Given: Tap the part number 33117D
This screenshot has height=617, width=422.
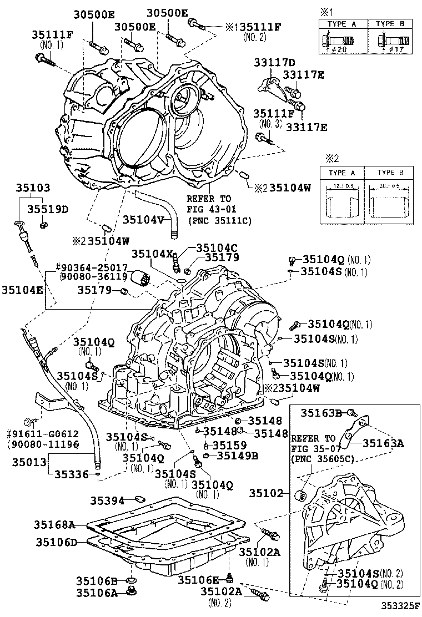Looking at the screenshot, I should [275, 62].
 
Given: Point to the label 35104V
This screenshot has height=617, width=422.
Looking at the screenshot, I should [144, 219].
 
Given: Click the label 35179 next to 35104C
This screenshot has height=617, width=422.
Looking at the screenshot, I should [222, 257].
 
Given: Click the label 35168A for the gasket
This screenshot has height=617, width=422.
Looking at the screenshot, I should [54, 524].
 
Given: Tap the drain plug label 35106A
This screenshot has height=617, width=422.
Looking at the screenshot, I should [96, 592].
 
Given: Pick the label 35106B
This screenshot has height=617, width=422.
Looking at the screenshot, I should [96, 581].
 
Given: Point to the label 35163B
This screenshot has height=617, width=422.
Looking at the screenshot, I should [321, 412].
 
